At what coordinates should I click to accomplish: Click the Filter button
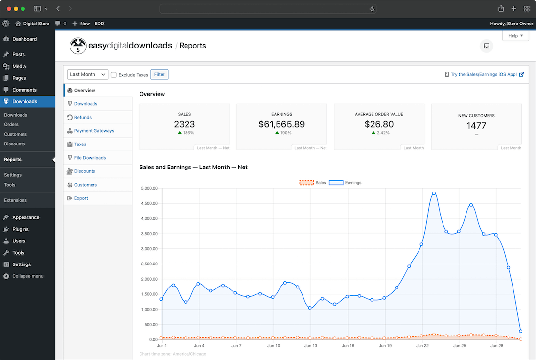tap(159, 74)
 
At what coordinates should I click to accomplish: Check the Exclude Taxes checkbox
tap(114, 75)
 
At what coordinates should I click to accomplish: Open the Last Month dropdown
tap(87, 74)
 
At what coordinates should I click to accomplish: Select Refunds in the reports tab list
tap(83, 118)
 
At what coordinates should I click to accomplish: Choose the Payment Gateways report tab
tap(94, 131)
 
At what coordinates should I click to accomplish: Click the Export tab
tap(81, 198)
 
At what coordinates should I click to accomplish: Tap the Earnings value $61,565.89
tap(281, 124)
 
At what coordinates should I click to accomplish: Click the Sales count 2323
tap(185, 124)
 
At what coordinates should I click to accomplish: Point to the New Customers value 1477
tap(476, 126)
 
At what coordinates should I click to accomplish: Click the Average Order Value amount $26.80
tap(379, 124)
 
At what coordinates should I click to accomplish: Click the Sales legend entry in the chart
tap(313, 183)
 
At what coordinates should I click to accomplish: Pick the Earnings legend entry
tap(345, 183)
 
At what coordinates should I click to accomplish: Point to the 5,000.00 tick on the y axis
tap(149, 188)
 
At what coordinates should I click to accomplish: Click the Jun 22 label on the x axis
tap(423, 346)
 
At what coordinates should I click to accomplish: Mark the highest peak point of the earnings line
tap(434, 193)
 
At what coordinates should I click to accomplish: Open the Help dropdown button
tap(515, 36)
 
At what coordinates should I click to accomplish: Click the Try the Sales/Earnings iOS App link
tap(484, 74)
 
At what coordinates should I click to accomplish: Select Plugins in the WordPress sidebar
tap(21, 229)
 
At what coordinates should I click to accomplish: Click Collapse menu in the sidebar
tap(27, 276)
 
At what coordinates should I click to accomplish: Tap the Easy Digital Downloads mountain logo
tap(78, 46)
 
